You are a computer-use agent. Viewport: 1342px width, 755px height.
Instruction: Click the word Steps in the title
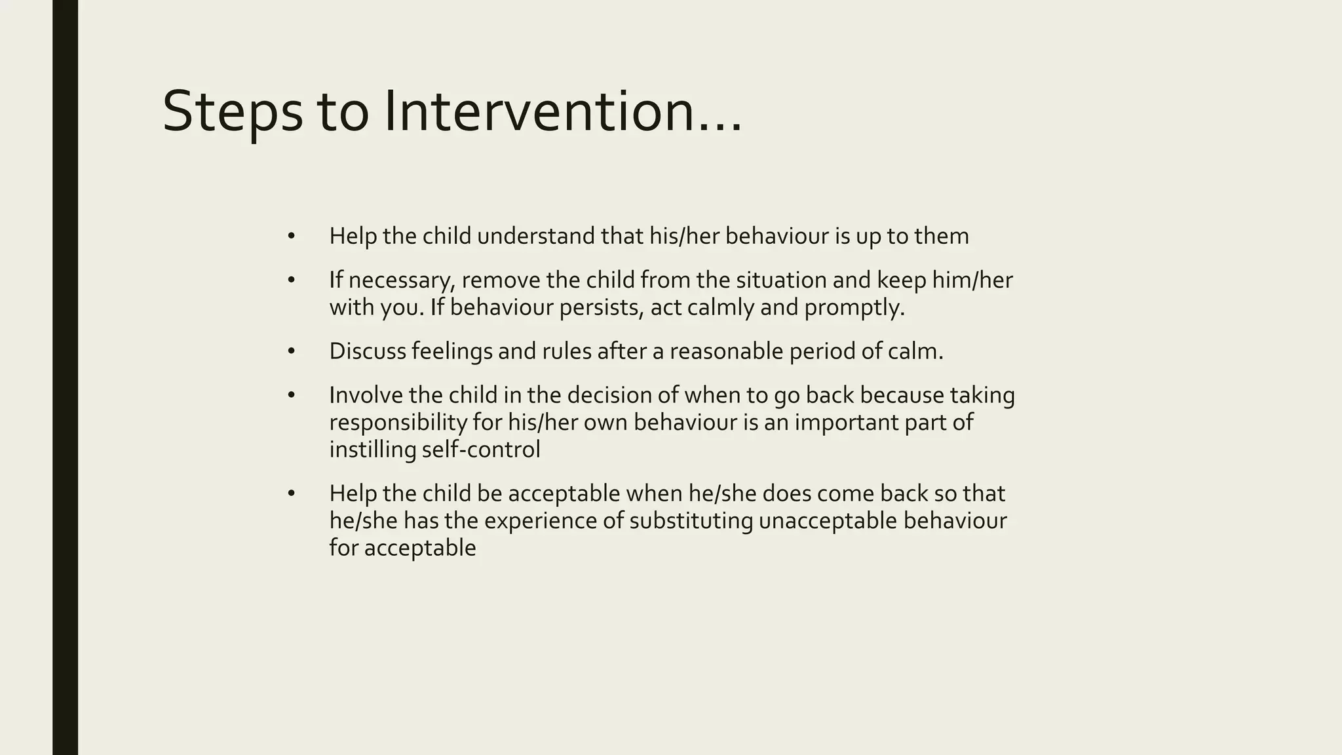(x=232, y=113)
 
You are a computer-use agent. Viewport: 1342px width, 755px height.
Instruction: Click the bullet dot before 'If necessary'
(x=292, y=281)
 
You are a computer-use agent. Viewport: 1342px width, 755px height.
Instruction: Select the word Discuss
(x=368, y=351)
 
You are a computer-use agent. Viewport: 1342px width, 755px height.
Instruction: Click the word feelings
(x=451, y=351)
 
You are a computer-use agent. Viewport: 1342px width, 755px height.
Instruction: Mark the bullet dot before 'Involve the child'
(x=292, y=395)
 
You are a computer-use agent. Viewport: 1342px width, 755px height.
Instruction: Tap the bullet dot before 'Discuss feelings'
(x=292, y=351)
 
